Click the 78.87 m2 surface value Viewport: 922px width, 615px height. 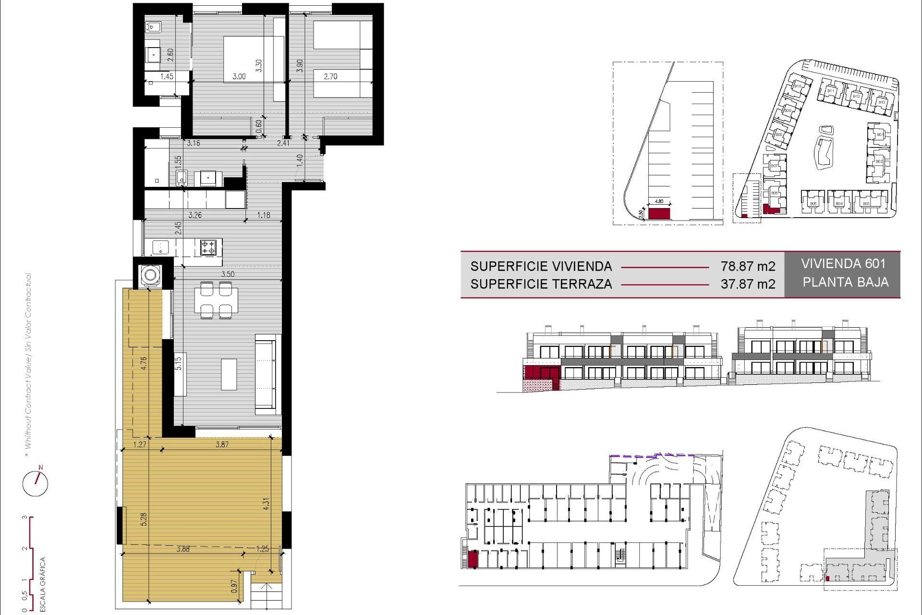click(748, 266)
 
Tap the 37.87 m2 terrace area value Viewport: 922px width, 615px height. click(748, 284)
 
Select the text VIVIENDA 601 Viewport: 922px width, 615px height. click(843, 264)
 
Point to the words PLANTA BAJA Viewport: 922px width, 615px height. click(845, 282)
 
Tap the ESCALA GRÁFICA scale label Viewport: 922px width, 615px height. click(43, 584)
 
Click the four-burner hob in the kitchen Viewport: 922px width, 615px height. click(208, 247)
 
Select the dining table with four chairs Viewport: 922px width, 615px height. click(216, 300)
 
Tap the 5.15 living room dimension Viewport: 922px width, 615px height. click(179, 363)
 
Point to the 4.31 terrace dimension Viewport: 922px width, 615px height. click(266, 504)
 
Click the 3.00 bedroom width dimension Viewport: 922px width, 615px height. click(239, 76)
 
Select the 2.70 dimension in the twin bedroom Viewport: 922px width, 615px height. click(330, 76)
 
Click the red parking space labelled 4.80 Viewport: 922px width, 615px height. click(659, 213)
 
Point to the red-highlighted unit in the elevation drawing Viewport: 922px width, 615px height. click(541, 373)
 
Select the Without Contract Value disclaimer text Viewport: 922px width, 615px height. click(28, 360)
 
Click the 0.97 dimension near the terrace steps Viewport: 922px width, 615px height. click(234, 586)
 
